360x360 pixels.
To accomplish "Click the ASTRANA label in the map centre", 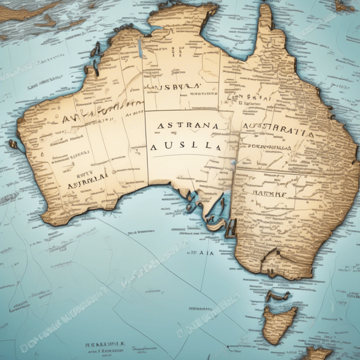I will pyautogui.click(x=187, y=126).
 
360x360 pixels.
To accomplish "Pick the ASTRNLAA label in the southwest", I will pyautogui.click(x=88, y=181).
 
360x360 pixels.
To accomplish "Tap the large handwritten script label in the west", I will pyautogui.click(x=101, y=112).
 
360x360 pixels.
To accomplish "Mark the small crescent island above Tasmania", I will pyautogui.click(x=277, y=295).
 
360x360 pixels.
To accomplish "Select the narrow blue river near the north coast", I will pyautogui.click(x=140, y=49).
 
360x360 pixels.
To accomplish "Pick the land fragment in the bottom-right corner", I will pyautogui.click(x=319, y=352).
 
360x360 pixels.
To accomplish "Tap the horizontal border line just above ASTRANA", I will pyautogui.click(x=187, y=111).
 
